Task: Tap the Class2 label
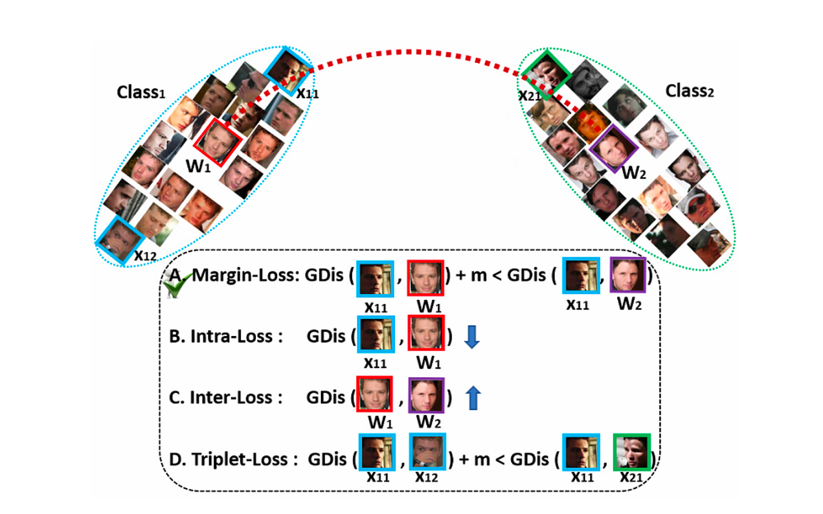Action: click(690, 91)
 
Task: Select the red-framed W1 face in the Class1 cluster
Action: click(218, 141)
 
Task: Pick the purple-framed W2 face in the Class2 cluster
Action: click(614, 148)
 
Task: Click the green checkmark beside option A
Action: click(175, 286)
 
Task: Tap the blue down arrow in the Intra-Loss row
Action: click(471, 336)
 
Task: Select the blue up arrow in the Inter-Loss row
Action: click(473, 397)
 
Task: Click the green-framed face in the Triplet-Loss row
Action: click(632, 452)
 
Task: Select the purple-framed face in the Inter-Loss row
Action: click(427, 395)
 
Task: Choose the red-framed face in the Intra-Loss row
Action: click(426, 333)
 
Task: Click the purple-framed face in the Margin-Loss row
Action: click(628, 275)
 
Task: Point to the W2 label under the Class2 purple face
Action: click(634, 173)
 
